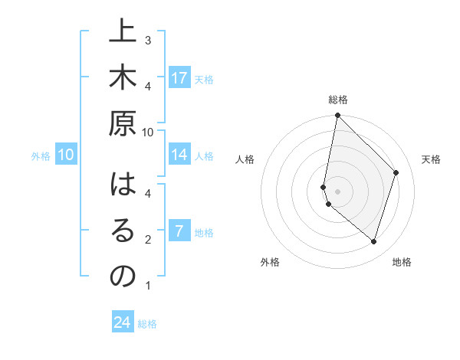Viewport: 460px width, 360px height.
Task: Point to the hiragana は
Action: coord(123,184)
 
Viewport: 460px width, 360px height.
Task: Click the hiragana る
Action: coord(123,230)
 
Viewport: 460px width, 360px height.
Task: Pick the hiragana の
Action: coord(123,276)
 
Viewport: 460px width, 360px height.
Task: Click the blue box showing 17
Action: coord(179,78)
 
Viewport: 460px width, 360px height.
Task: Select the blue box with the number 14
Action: coord(179,155)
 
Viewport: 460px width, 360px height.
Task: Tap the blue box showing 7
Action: coord(179,231)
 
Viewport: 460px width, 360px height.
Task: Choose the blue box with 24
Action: coord(123,322)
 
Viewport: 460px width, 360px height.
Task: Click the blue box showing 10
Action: coord(66,155)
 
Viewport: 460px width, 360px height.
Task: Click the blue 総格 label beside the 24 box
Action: coord(147,324)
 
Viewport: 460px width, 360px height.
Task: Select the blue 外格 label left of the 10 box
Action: coord(41,156)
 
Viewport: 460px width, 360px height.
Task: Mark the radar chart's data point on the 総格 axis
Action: coord(337,116)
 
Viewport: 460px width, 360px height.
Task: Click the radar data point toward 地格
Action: coord(373,242)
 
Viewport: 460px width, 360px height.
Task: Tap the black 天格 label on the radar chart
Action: coord(431,159)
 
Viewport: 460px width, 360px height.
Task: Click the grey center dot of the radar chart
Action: coord(337,191)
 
